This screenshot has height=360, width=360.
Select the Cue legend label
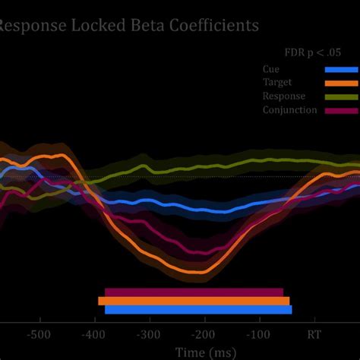point(271,68)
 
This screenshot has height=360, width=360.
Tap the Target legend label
point(277,82)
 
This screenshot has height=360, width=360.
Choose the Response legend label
point(284,96)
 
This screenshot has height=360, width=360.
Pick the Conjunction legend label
point(289,110)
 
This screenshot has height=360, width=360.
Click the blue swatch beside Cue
point(342,69)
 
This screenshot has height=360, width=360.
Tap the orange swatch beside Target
point(342,83)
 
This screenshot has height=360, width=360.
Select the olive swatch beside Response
point(342,96)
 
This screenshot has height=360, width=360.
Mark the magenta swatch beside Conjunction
point(342,111)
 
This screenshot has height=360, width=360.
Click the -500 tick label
point(39,333)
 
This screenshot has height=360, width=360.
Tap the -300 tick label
point(149,333)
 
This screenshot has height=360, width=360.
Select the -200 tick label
point(204,333)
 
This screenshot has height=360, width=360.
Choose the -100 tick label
point(259,333)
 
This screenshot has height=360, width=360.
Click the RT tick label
point(314,333)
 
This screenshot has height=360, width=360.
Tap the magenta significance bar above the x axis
point(194,292)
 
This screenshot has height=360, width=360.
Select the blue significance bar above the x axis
point(198,310)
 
